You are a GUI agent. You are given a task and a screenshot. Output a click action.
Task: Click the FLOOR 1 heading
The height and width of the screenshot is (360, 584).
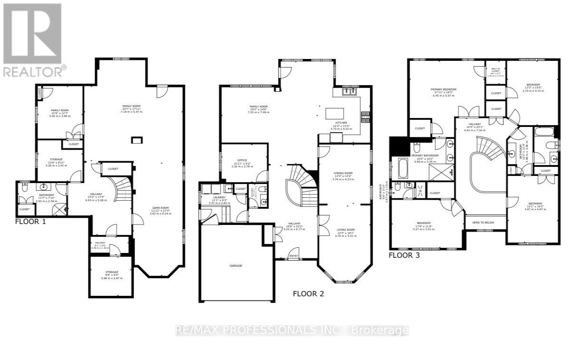30,221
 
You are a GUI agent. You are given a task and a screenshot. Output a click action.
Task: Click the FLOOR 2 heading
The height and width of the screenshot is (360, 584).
308,293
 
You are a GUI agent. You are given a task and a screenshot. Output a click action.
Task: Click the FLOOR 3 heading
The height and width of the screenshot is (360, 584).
404,255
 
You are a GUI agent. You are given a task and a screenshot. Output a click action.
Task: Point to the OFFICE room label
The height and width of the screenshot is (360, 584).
242,160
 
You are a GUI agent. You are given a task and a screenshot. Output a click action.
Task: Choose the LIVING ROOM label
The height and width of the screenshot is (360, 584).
345,230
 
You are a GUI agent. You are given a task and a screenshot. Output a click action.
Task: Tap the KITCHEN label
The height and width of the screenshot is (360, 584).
341,122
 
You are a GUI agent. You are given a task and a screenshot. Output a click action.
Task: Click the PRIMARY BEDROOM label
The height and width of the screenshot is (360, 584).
443,89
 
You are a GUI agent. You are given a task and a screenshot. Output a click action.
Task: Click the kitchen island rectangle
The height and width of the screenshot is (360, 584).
335,113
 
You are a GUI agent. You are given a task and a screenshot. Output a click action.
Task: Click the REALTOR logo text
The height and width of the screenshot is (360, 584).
34,71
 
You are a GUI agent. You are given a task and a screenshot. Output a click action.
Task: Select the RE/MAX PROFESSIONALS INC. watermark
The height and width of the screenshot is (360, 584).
292,330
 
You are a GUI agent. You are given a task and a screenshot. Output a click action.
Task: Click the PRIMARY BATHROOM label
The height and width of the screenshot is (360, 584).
424,155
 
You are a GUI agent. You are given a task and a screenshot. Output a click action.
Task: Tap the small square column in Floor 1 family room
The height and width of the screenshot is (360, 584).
137,140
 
